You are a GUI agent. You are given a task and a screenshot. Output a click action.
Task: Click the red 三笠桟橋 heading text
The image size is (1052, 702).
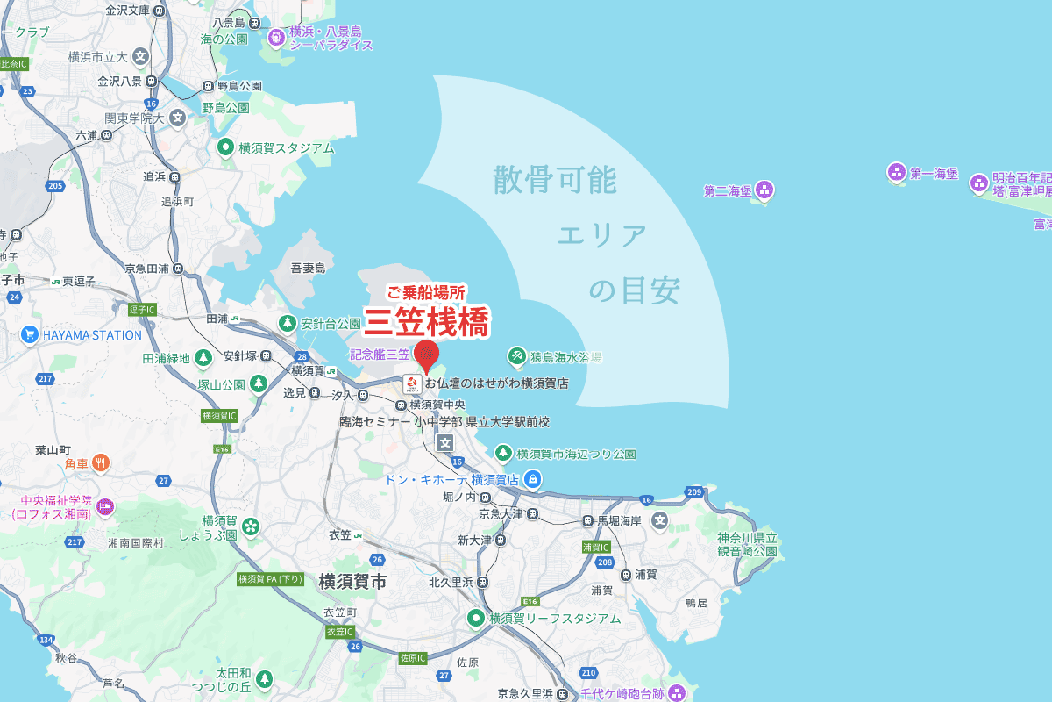click(426, 322)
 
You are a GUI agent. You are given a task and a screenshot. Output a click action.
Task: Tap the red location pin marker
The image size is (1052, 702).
click(426, 355)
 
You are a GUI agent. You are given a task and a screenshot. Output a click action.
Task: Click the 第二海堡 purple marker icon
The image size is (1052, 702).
click(764, 190)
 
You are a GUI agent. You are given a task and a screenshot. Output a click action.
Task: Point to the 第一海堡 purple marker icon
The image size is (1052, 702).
click(897, 172)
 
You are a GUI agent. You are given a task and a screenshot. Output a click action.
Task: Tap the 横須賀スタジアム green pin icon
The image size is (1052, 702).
click(225, 147)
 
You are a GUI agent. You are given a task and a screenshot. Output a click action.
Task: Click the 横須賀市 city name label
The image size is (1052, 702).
click(352, 581)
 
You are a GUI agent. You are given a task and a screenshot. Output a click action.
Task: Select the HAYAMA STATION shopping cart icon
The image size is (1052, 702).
click(30, 334)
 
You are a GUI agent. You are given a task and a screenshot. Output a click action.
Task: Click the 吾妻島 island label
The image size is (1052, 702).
click(308, 268)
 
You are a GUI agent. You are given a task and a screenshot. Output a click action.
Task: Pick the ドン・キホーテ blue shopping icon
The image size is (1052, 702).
click(532, 479)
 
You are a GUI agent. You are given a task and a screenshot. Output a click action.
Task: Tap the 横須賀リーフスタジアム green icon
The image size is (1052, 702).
click(476, 618)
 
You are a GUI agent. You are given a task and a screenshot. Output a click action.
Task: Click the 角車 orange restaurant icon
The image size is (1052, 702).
click(102, 462)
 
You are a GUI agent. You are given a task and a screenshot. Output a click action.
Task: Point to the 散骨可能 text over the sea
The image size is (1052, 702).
click(554, 180)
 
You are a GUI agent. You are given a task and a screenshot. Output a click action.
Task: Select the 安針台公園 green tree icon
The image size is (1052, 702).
click(287, 324)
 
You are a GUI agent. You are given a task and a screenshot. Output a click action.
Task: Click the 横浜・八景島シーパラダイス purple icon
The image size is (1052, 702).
click(276, 37)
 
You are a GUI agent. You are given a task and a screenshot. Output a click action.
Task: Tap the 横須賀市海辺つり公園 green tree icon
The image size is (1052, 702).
click(503, 454)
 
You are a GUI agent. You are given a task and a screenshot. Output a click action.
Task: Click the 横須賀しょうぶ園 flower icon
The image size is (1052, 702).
click(251, 526)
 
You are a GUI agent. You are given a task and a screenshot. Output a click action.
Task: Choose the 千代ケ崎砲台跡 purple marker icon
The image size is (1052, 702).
click(676, 694)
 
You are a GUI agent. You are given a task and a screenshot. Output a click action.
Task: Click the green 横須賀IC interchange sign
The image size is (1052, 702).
click(220, 415)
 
